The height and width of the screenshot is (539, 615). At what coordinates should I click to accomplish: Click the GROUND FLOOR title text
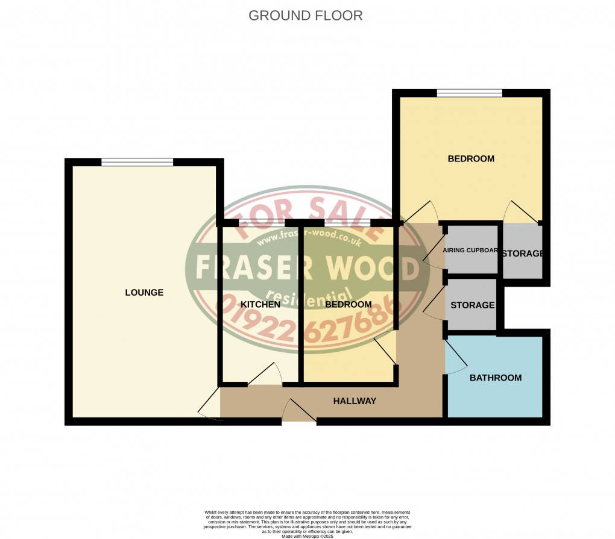306,16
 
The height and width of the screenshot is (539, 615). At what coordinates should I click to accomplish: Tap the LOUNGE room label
144,293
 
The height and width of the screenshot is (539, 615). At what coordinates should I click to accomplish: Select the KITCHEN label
260,305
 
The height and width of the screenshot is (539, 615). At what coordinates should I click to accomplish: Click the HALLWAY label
355,401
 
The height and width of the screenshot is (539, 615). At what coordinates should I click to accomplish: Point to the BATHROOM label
495,378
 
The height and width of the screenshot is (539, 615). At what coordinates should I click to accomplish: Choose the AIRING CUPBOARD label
470,251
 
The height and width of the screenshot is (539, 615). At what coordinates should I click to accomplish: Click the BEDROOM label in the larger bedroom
470,159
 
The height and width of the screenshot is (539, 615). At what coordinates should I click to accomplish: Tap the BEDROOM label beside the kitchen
348,305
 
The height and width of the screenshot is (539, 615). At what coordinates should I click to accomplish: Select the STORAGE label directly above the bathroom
472,305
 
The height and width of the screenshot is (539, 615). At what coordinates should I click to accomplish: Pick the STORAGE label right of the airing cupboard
522,254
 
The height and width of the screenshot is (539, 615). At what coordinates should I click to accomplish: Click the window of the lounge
137,161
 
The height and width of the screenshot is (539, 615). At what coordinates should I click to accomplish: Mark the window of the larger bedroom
469,93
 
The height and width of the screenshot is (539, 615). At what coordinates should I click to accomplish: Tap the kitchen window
261,223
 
